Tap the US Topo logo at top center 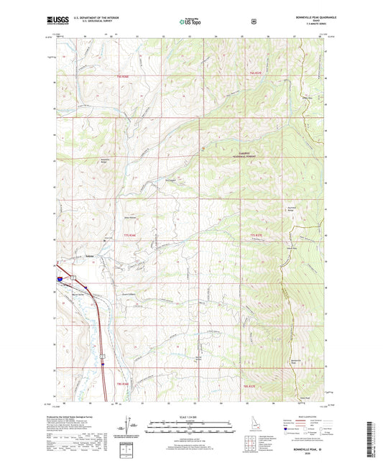pos(190,22)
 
